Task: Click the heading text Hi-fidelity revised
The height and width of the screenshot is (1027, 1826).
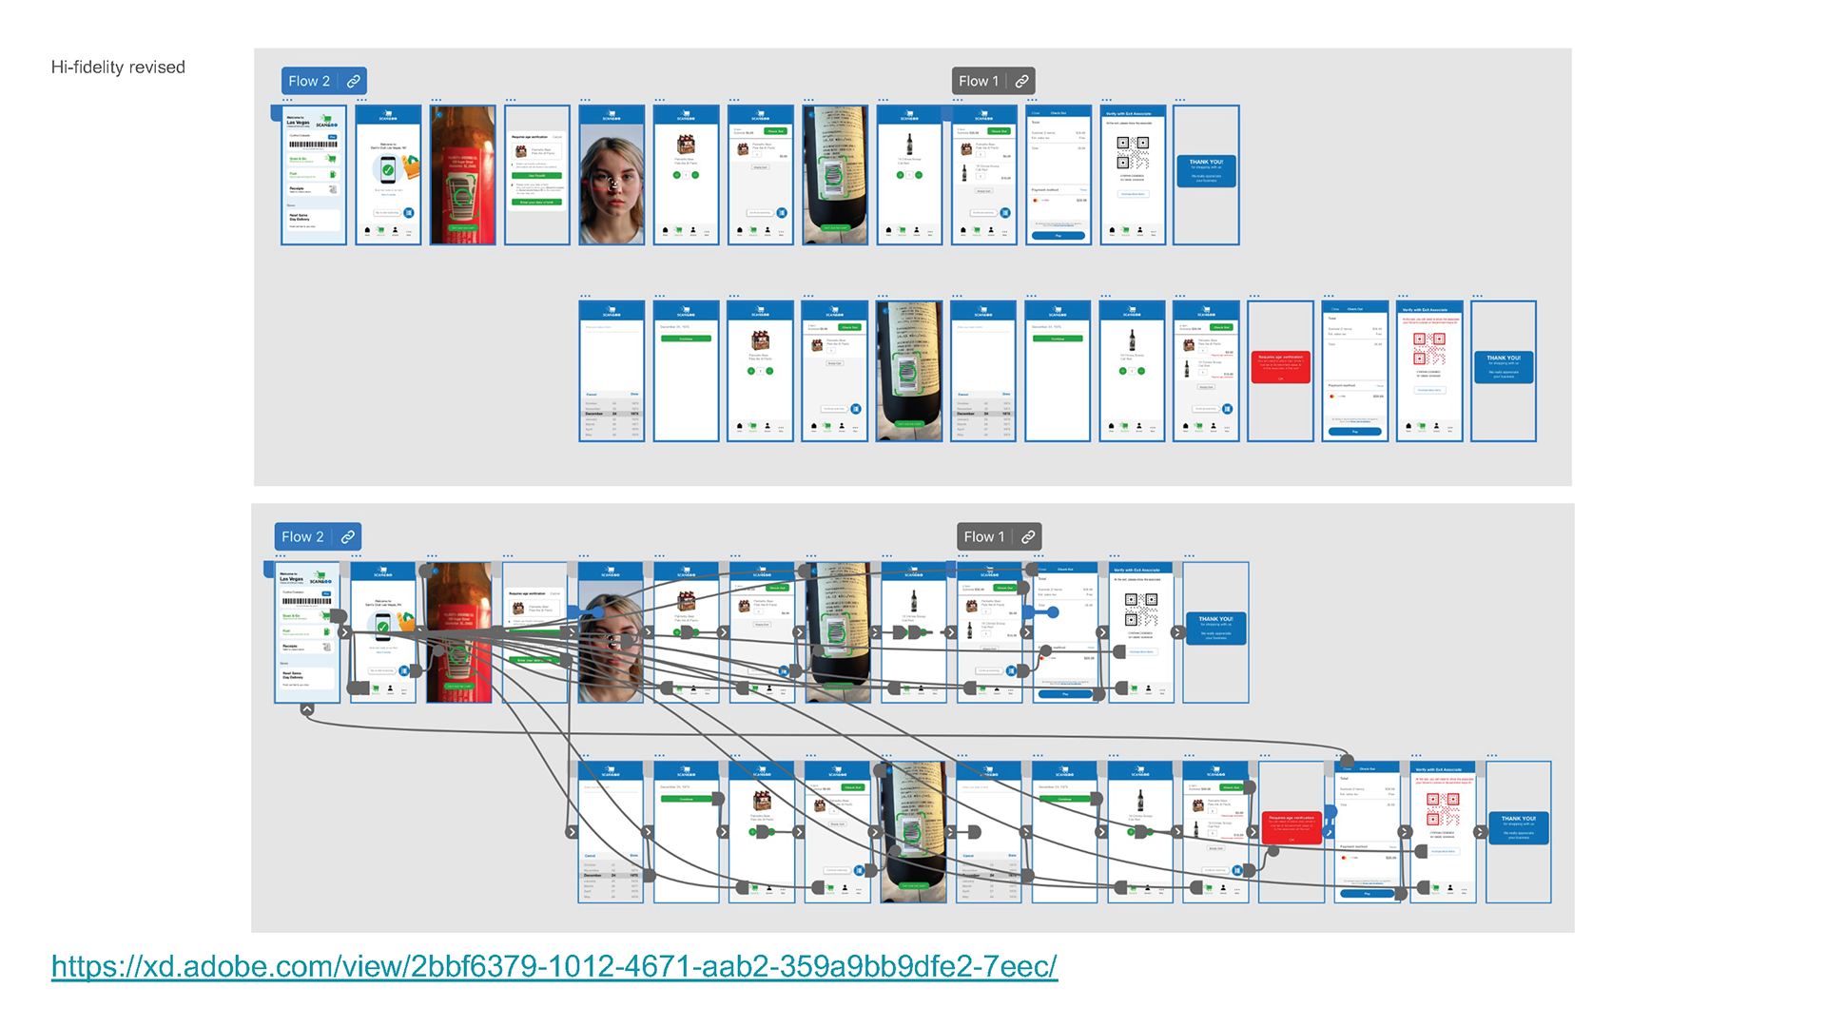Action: coord(118,68)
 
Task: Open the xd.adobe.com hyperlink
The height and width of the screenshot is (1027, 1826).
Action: coord(554,966)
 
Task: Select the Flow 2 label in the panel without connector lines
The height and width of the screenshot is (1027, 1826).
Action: coord(309,82)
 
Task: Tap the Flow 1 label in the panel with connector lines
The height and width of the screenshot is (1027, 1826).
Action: coord(983,537)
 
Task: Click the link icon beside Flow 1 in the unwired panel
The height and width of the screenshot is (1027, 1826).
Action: coord(1021,82)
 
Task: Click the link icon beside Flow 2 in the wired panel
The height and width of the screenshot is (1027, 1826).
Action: coord(348,537)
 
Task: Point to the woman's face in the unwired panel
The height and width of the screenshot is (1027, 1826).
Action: coord(611,179)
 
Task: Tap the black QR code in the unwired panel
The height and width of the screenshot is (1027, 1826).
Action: coord(1132,152)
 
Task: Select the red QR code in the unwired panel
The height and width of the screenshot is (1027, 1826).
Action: coord(1428,349)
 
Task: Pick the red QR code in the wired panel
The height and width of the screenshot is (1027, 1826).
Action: coord(1443,809)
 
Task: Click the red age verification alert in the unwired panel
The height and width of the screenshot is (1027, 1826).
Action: coord(1280,367)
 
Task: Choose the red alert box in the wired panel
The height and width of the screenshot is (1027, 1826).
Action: coord(1292,827)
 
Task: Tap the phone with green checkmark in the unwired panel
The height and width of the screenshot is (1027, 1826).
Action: coord(388,171)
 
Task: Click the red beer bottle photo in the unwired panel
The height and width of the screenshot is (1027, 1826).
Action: coord(463,176)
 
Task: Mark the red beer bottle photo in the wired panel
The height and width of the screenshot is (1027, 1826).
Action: coord(459,632)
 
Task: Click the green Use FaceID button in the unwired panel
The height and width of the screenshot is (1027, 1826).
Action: coord(536,176)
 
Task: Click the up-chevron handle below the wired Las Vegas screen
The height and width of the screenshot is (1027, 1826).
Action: coord(307,709)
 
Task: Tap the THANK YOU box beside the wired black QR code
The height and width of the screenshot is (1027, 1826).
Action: coord(1215,629)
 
